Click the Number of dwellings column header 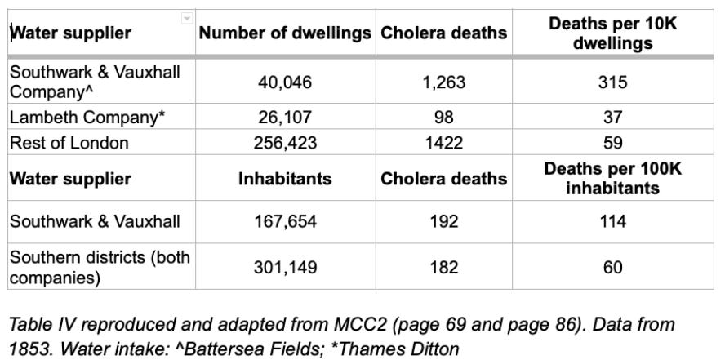(285, 33)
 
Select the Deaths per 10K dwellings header (612, 34)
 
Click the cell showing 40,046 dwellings (285, 82)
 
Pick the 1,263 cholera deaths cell (444, 82)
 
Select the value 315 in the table (612, 82)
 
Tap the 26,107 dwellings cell (285, 117)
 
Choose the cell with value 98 (444, 117)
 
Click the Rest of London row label (69, 143)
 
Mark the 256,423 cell (285, 143)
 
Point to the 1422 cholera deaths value (444, 143)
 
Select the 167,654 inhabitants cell (285, 222)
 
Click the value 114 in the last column (612, 222)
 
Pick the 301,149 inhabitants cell (285, 267)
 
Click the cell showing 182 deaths (444, 267)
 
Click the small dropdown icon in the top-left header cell (187, 18)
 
